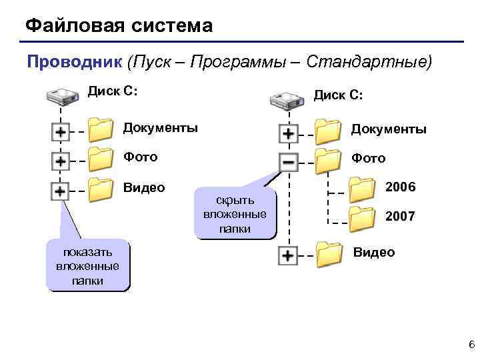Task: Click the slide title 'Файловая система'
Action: coord(119,26)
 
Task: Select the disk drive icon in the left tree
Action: coord(63,96)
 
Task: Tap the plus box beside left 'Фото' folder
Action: coord(60,161)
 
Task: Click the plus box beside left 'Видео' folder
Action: coord(60,191)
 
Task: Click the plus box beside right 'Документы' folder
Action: coord(288,133)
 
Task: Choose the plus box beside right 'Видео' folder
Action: coord(288,255)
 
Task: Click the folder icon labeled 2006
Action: coord(363,189)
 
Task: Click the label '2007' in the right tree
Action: coord(400,217)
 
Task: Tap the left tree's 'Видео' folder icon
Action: coord(101,189)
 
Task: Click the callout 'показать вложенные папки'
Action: coord(87,266)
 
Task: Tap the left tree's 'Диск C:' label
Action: coord(113,91)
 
